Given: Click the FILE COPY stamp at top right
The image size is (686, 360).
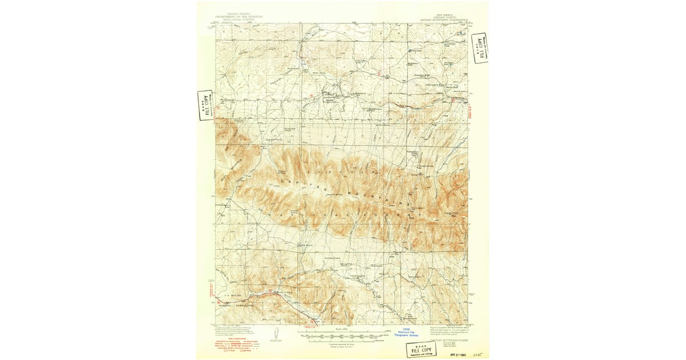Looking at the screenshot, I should point(480,47).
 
